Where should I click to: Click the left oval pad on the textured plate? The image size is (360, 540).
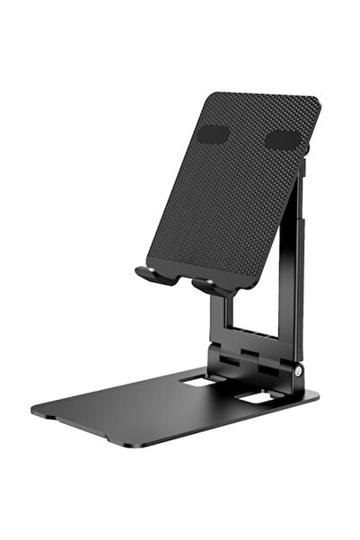(x=213, y=135)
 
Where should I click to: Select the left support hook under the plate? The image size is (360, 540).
(x=154, y=274)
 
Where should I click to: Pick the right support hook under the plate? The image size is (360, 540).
(x=211, y=287)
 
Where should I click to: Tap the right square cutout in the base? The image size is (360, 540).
(x=257, y=396)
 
